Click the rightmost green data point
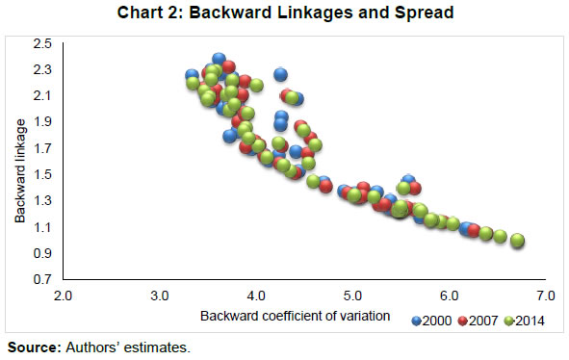pyautogui.click(x=517, y=241)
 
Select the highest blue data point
pyautogui.click(x=219, y=59)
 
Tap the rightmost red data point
pyautogui.click(x=474, y=230)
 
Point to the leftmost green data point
pyautogui.click(x=193, y=83)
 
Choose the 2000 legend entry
pyautogui.click(x=431, y=321)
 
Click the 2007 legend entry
pyautogui.click(x=478, y=321)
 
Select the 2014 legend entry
pyautogui.click(x=525, y=321)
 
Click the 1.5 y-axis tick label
pyautogui.click(x=42, y=174)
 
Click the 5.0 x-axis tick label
pyautogui.click(x=352, y=296)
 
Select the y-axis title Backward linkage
pyautogui.click(x=20, y=170)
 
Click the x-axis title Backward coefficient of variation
pyautogui.click(x=295, y=316)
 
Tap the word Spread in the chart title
pyautogui.click(x=424, y=13)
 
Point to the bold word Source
pyautogui.click(x=35, y=347)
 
